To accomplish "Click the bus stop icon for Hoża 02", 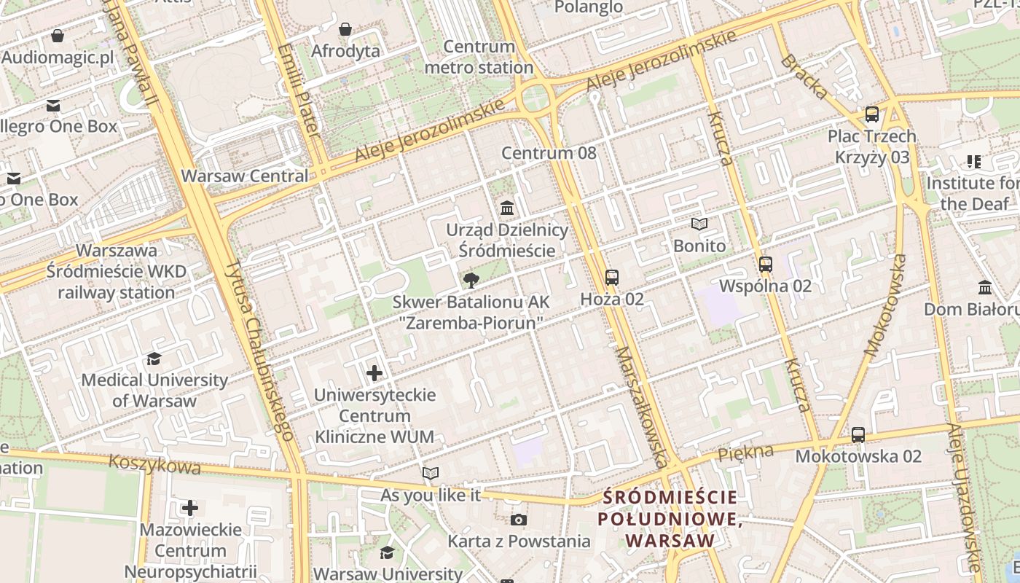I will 612,278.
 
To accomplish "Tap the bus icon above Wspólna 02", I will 765,265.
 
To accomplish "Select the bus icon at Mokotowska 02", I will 858,435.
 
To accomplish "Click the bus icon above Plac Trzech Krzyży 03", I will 872,114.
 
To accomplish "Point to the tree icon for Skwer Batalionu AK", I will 471,280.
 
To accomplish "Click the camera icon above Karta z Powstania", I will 519,520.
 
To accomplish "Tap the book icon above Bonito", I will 699,224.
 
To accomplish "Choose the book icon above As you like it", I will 431,474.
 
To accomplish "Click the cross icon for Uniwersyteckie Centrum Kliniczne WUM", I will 374,374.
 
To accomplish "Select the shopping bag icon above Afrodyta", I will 345,30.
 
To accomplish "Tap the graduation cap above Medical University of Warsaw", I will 154,359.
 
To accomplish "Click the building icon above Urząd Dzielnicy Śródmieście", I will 507,209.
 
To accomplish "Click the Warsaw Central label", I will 245,176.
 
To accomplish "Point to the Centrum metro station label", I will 479,57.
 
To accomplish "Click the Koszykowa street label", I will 154,464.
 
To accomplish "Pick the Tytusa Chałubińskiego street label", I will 259,350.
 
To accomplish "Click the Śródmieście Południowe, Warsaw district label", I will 670,519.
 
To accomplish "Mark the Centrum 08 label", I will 549,153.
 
